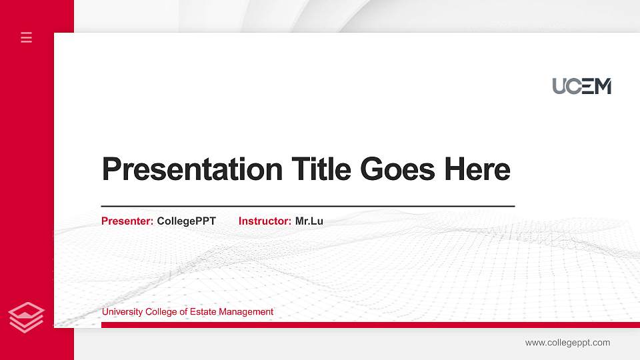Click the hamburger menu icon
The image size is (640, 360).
coord(26,37)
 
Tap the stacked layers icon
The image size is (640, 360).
coord(26,317)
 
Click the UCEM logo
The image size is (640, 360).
coord(581,86)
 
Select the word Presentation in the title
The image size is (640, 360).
coord(192,169)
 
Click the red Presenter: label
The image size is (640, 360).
coord(127,221)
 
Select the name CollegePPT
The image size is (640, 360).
coord(186,221)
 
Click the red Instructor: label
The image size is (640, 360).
coord(265,221)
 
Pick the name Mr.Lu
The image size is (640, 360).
coord(309,221)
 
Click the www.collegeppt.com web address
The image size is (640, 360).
coord(567,343)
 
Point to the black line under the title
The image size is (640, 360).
coord(307,207)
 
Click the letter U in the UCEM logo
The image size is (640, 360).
coord(559,86)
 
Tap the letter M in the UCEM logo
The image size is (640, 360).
coord(603,86)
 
